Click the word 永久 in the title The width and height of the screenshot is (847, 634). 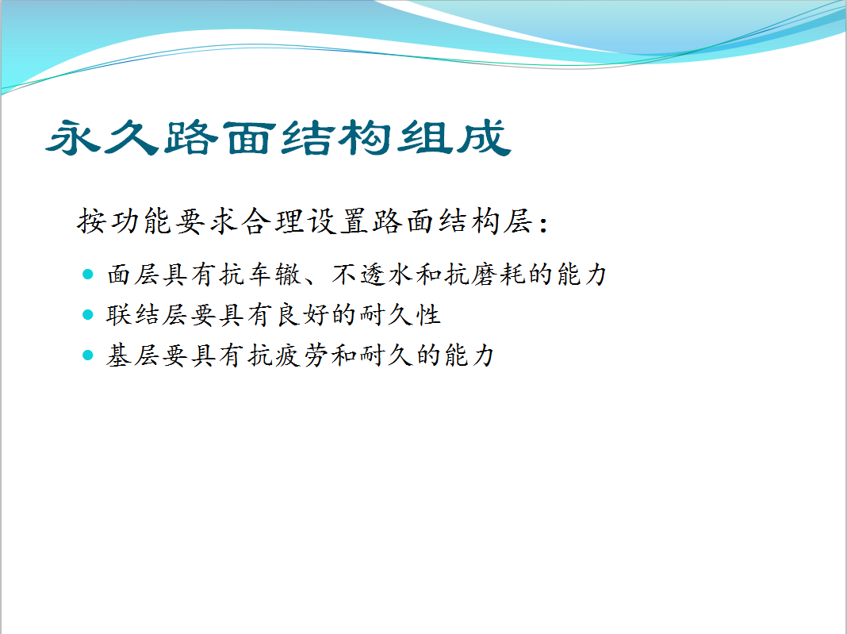point(102,137)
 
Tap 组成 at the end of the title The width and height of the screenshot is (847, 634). point(454,137)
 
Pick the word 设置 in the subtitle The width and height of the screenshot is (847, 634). point(338,221)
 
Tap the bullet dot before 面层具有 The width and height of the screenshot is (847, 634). point(88,274)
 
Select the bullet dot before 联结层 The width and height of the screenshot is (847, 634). point(88,314)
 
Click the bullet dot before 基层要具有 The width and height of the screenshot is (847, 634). point(88,355)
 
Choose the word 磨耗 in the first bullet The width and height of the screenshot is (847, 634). point(499,274)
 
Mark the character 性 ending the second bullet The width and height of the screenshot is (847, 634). point(428,314)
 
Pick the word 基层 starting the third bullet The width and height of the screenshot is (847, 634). point(133,355)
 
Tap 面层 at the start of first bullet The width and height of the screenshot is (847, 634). point(133,274)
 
